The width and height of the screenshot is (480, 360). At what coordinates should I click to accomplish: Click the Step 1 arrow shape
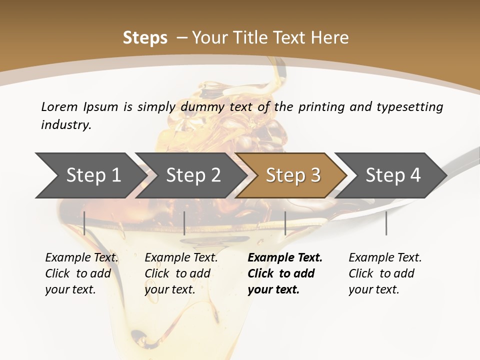coord(90,175)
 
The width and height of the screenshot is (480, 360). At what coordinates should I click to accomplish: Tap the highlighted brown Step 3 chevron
coord(292,175)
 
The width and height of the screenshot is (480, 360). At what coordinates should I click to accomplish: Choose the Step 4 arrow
coord(392,175)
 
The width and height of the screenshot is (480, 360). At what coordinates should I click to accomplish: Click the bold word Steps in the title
coord(145,38)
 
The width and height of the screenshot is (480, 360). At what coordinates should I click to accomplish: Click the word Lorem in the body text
coord(58,107)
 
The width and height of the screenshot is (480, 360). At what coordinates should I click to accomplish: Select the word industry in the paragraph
coord(66,125)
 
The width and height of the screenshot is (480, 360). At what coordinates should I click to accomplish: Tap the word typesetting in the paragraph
coord(409,107)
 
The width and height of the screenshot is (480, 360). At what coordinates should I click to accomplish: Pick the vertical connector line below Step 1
coord(84,223)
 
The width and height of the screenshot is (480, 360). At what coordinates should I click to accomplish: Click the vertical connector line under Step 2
coord(184,223)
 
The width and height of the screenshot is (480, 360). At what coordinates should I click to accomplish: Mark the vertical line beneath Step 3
coord(285,223)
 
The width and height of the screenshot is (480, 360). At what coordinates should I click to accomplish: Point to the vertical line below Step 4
coord(386,223)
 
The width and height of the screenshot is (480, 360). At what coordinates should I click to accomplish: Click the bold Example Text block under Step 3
coord(284,273)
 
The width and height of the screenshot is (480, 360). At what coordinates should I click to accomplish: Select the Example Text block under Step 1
coord(81,273)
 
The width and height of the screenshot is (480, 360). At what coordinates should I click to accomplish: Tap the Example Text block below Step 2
coord(181,273)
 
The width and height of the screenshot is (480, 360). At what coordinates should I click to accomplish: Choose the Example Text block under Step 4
coord(385,273)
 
